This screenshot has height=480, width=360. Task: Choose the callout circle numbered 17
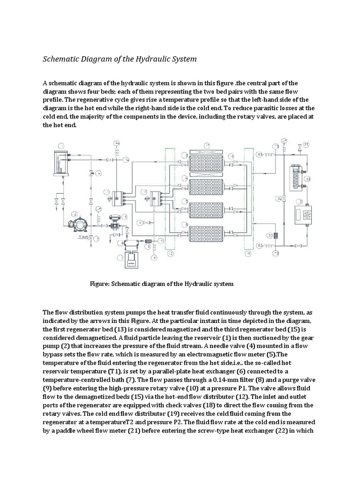[208, 145]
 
